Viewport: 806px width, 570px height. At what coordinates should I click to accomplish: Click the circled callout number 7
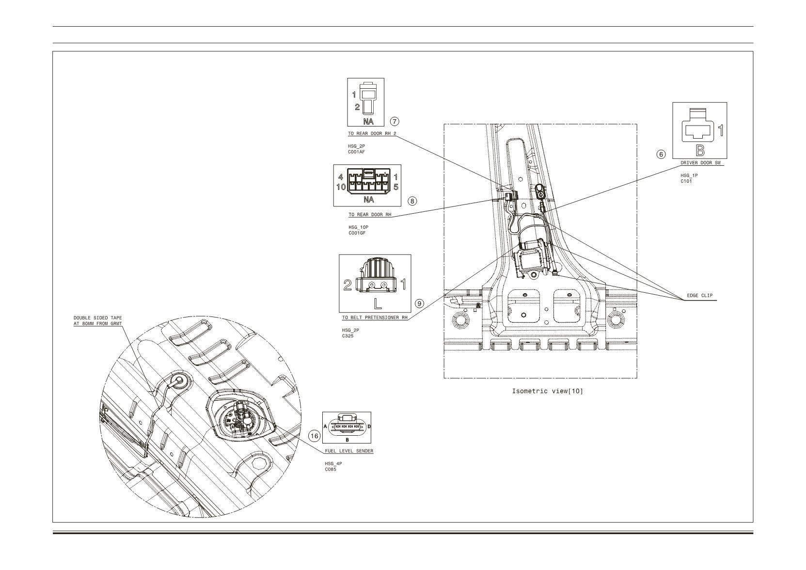tap(395, 122)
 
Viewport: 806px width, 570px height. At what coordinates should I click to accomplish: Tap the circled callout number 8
tap(412, 201)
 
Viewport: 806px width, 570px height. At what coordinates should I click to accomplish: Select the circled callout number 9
tap(419, 304)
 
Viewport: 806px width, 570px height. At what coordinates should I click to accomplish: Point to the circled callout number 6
tap(661, 154)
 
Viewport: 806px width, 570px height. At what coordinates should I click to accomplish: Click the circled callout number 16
tap(315, 436)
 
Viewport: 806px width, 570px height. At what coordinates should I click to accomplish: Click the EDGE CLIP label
tap(699, 296)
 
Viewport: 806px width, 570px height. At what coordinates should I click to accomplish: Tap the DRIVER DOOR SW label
tap(700, 163)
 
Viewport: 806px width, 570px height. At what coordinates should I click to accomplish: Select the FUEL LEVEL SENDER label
tap(349, 451)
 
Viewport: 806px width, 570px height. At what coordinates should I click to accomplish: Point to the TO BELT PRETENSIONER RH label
tap(375, 317)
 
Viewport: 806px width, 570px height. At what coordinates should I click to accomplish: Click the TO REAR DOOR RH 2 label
tap(372, 133)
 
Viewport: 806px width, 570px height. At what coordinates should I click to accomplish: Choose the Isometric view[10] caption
tap(547, 391)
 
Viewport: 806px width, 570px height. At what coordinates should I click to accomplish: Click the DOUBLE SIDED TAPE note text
tap(97, 321)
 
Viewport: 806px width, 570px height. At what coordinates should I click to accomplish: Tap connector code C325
tap(348, 336)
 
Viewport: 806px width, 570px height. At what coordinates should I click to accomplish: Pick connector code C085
tap(331, 469)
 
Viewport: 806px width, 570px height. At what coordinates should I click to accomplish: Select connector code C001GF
tap(357, 233)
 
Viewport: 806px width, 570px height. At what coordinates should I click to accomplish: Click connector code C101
tap(686, 181)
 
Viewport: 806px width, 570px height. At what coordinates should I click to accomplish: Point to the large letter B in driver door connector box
tap(700, 150)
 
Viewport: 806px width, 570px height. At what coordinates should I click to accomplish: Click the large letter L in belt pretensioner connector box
tap(378, 304)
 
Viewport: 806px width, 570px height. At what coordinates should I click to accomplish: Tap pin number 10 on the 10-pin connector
tap(341, 187)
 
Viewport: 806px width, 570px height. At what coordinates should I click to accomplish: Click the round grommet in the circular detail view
tap(179, 380)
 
